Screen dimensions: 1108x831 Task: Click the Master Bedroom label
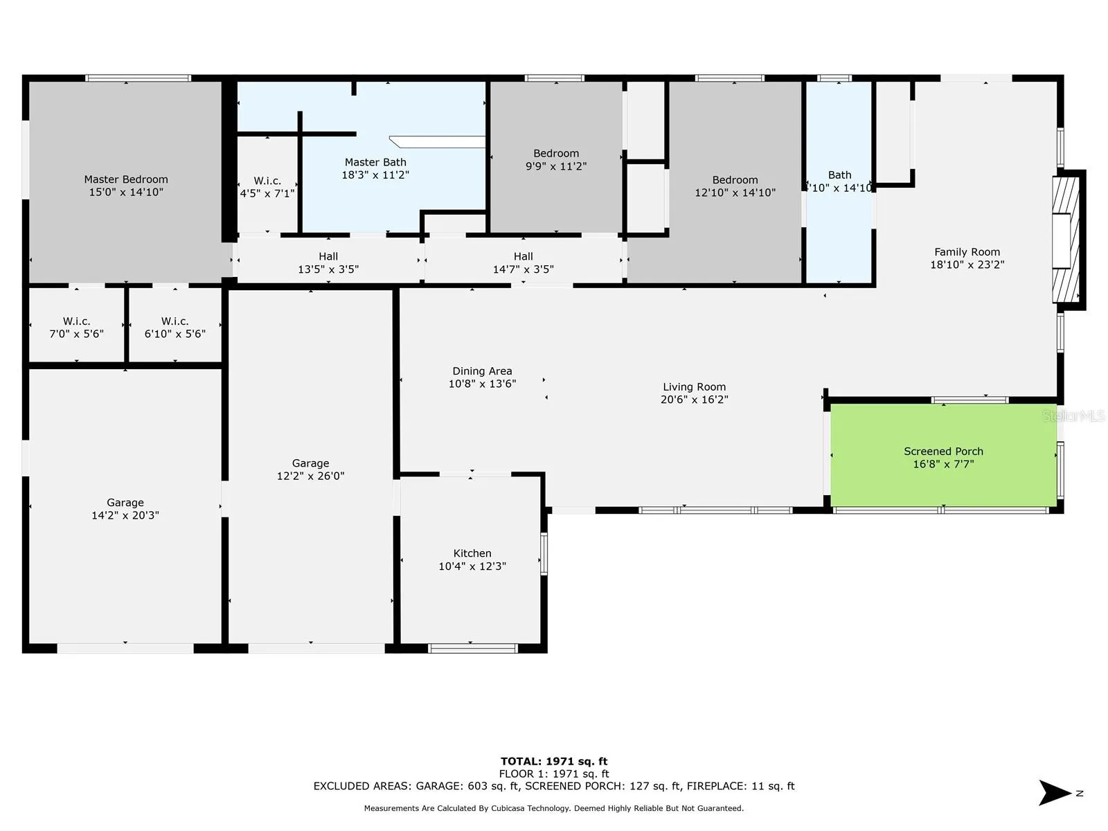(x=126, y=179)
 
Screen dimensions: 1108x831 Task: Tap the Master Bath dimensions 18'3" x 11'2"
(x=375, y=175)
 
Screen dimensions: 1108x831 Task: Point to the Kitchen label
(x=472, y=553)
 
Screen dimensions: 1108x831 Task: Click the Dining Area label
(x=482, y=371)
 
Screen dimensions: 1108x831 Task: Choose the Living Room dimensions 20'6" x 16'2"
(x=694, y=399)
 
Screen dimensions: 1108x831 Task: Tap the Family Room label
(x=967, y=252)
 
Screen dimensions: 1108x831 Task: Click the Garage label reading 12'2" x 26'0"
(x=310, y=470)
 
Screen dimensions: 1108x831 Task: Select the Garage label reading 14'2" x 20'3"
(x=125, y=508)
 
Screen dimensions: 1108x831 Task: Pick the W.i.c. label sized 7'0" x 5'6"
(x=76, y=328)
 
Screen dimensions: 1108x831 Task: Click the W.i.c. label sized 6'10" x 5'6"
(x=175, y=328)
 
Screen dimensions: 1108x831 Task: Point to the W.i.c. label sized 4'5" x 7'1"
(x=267, y=187)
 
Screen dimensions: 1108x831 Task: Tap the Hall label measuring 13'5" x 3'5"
(x=328, y=263)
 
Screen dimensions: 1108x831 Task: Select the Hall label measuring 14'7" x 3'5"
(x=523, y=263)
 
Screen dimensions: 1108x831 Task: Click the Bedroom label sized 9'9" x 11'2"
(x=556, y=159)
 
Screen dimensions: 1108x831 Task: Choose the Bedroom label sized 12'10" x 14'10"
(x=735, y=186)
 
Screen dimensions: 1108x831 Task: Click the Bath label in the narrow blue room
(x=839, y=175)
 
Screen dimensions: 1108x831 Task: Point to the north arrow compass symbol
(x=1055, y=793)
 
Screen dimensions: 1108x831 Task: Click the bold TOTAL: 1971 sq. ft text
(x=554, y=761)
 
